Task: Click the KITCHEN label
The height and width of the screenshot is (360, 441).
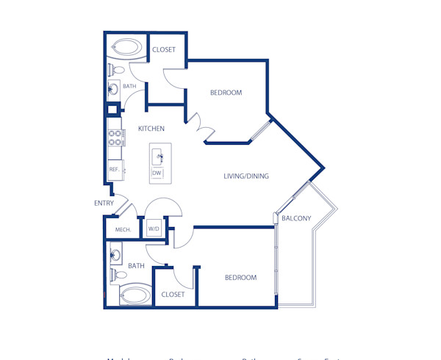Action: [151, 129]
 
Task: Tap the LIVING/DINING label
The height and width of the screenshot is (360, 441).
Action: [246, 176]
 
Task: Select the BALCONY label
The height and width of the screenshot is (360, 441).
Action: [296, 218]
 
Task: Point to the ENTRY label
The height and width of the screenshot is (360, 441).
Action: [103, 204]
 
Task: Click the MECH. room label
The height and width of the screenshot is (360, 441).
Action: [123, 230]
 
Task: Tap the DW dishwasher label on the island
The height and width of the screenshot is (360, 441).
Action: [157, 173]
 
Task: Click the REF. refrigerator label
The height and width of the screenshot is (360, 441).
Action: [114, 170]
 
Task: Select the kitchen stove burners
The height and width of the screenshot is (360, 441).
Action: [115, 139]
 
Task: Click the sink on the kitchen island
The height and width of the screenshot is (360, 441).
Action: [159, 157]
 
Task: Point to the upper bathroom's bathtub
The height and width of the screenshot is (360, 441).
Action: [129, 49]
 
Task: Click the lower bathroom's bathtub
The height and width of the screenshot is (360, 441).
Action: [134, 296]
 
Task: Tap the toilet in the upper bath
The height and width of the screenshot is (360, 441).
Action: [116, 71]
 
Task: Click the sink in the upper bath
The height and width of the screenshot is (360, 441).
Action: [114, 90]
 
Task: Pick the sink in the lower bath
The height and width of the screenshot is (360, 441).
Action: [115, 256]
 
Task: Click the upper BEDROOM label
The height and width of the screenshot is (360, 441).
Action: [226, 93]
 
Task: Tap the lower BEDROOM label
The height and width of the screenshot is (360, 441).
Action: [240, 278]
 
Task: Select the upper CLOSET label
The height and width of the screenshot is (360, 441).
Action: [163, 50]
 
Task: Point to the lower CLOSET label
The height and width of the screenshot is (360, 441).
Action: [173, 294]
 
